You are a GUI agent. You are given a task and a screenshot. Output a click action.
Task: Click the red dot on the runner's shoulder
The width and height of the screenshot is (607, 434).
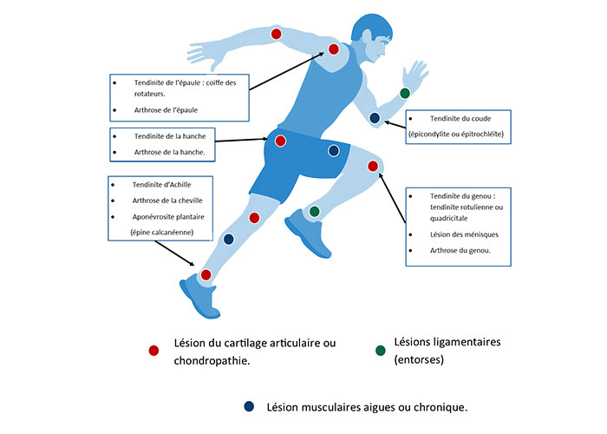click(x=334, y=49)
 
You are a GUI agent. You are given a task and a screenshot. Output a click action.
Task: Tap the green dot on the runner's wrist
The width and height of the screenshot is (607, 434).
click(x=405, y=93)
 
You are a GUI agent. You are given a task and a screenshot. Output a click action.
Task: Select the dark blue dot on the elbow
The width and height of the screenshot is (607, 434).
click(x=375, y=118)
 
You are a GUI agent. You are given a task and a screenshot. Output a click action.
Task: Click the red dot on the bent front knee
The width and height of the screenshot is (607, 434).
click(x=373, y=167)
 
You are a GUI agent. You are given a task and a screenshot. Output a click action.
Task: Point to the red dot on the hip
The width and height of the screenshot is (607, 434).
click(x=280, y=141)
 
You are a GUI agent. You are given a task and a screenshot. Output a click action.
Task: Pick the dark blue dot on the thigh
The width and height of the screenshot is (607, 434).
click(x=334, y=150)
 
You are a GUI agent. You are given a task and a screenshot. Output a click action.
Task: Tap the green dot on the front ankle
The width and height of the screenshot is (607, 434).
click(x=314, y=211)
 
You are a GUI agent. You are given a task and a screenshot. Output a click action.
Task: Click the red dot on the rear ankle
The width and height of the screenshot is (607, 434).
click(x=206, y=275)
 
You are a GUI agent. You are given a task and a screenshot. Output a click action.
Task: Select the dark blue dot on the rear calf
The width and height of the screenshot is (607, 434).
click(x=229, y=239)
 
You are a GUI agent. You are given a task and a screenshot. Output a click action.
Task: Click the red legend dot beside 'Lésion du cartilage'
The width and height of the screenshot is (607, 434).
click(x=153, y=351)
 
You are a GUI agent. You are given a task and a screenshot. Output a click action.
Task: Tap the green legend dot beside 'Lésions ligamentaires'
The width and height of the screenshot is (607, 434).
click(x=381, y=351)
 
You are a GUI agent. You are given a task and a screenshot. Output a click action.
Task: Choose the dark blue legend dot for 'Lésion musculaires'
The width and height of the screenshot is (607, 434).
click(x=249, y=406)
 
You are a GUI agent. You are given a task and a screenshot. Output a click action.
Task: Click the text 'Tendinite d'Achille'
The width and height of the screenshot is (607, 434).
click(x=161, y=184)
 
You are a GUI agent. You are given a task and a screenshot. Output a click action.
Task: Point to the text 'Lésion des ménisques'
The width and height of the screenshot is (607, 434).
click(x=464, y=234)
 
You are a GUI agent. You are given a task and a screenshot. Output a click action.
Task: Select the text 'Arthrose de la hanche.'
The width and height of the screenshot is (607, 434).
click(x=170, y=152)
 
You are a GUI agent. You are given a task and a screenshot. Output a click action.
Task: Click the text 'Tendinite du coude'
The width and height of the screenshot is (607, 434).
click(x=460, y=119)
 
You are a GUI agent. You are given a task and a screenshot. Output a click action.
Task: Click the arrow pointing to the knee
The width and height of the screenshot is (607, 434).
click(x=392, y=198)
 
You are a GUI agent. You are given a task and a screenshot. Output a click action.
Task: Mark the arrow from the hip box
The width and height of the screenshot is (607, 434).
click(x=241, y=140)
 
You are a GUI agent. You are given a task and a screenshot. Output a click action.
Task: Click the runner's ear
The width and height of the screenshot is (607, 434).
click(x=365, y=36)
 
